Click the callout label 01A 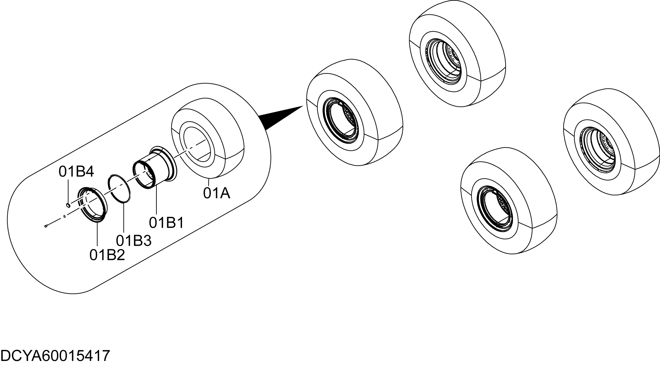216,193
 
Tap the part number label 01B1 167,223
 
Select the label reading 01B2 107,255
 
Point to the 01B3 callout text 134,240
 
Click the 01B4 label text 76,172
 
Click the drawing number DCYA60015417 55,356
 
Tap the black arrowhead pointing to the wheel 281,118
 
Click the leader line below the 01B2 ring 97,234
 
